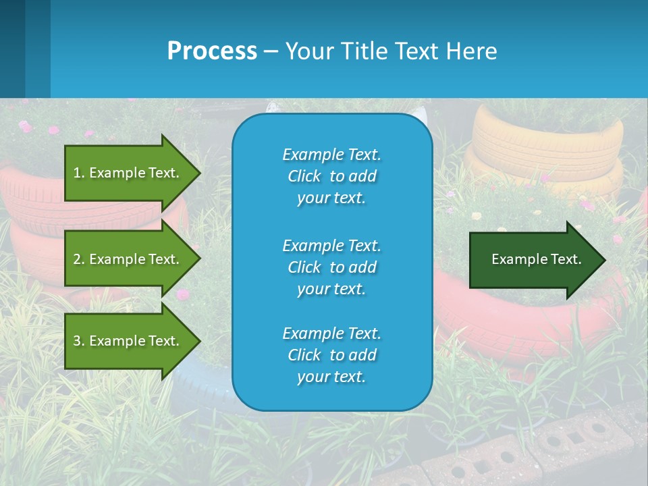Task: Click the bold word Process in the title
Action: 212,51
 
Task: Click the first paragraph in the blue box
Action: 331,176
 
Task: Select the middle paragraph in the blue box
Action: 331,267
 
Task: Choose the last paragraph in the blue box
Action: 331,355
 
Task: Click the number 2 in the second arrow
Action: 77,259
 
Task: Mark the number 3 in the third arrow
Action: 77,341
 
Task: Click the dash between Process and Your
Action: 271,52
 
